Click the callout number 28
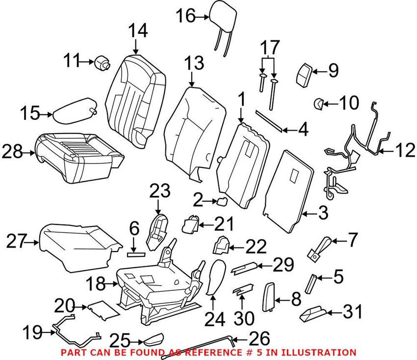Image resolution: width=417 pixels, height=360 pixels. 13,152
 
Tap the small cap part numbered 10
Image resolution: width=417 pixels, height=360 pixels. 317,103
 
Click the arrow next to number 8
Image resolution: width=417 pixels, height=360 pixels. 281,298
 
